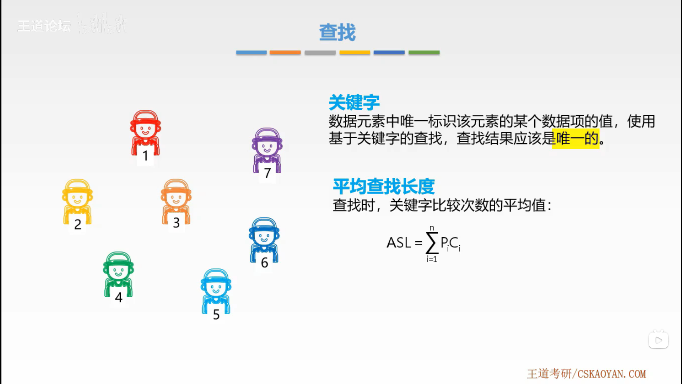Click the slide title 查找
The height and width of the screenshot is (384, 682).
[x=337, y=32]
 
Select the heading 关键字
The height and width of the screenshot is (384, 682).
[x=354, y=102]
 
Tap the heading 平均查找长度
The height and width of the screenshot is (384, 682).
[x=384, y=186]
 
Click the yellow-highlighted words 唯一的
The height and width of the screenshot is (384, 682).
[x=576, y=138]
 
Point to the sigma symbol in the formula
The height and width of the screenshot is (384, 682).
[x=432, y=243]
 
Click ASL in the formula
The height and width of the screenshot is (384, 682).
[x=399, y=243]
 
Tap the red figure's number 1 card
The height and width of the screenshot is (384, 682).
[x=145, y=156]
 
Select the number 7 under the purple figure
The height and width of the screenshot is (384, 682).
[x=267, y=173]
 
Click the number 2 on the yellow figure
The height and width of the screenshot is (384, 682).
[x=78, y=224]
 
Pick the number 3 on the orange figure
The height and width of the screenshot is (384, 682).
[x=176, y=223]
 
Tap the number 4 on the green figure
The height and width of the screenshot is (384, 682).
[x=119, y=297]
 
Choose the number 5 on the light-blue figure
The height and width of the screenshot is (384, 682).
[x=216, y=314]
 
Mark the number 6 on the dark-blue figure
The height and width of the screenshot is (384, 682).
[x=264, y=263]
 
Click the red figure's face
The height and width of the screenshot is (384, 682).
[x=145, y=129]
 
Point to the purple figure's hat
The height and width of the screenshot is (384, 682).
[x=267, y=134]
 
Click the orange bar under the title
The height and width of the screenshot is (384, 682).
[x=285, y=53]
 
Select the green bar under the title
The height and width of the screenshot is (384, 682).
[x=424, y=53]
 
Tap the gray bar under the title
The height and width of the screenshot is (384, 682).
[x=320, y=53]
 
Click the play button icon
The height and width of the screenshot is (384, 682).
[x=658, y=340]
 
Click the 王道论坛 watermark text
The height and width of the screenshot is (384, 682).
[x=44, y=26]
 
